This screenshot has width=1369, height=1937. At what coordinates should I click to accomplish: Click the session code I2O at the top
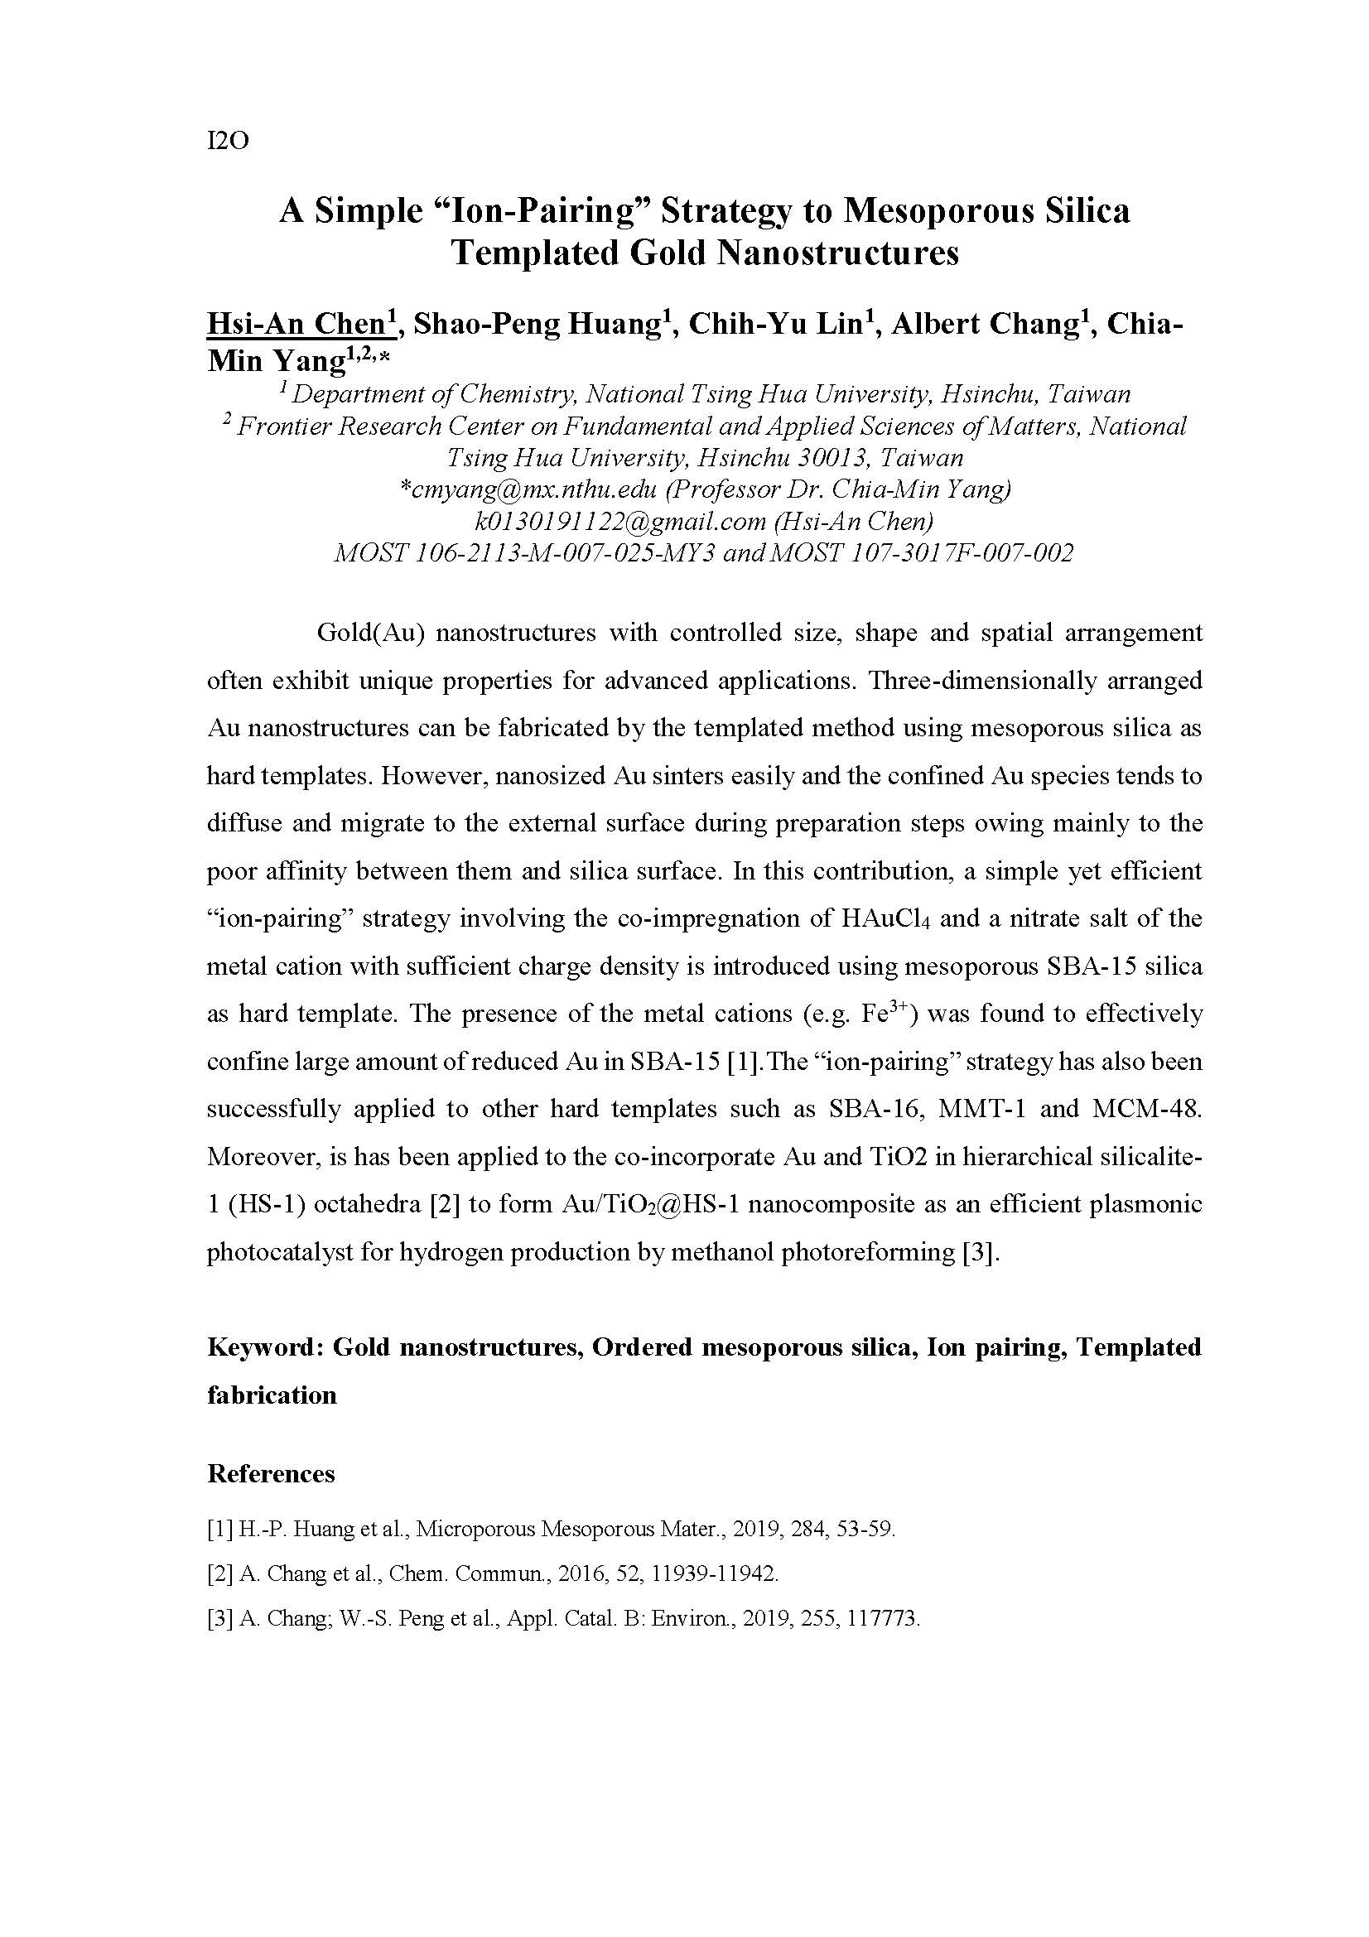coord(228,141)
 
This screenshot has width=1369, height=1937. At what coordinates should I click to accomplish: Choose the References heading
coord(271,1474)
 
